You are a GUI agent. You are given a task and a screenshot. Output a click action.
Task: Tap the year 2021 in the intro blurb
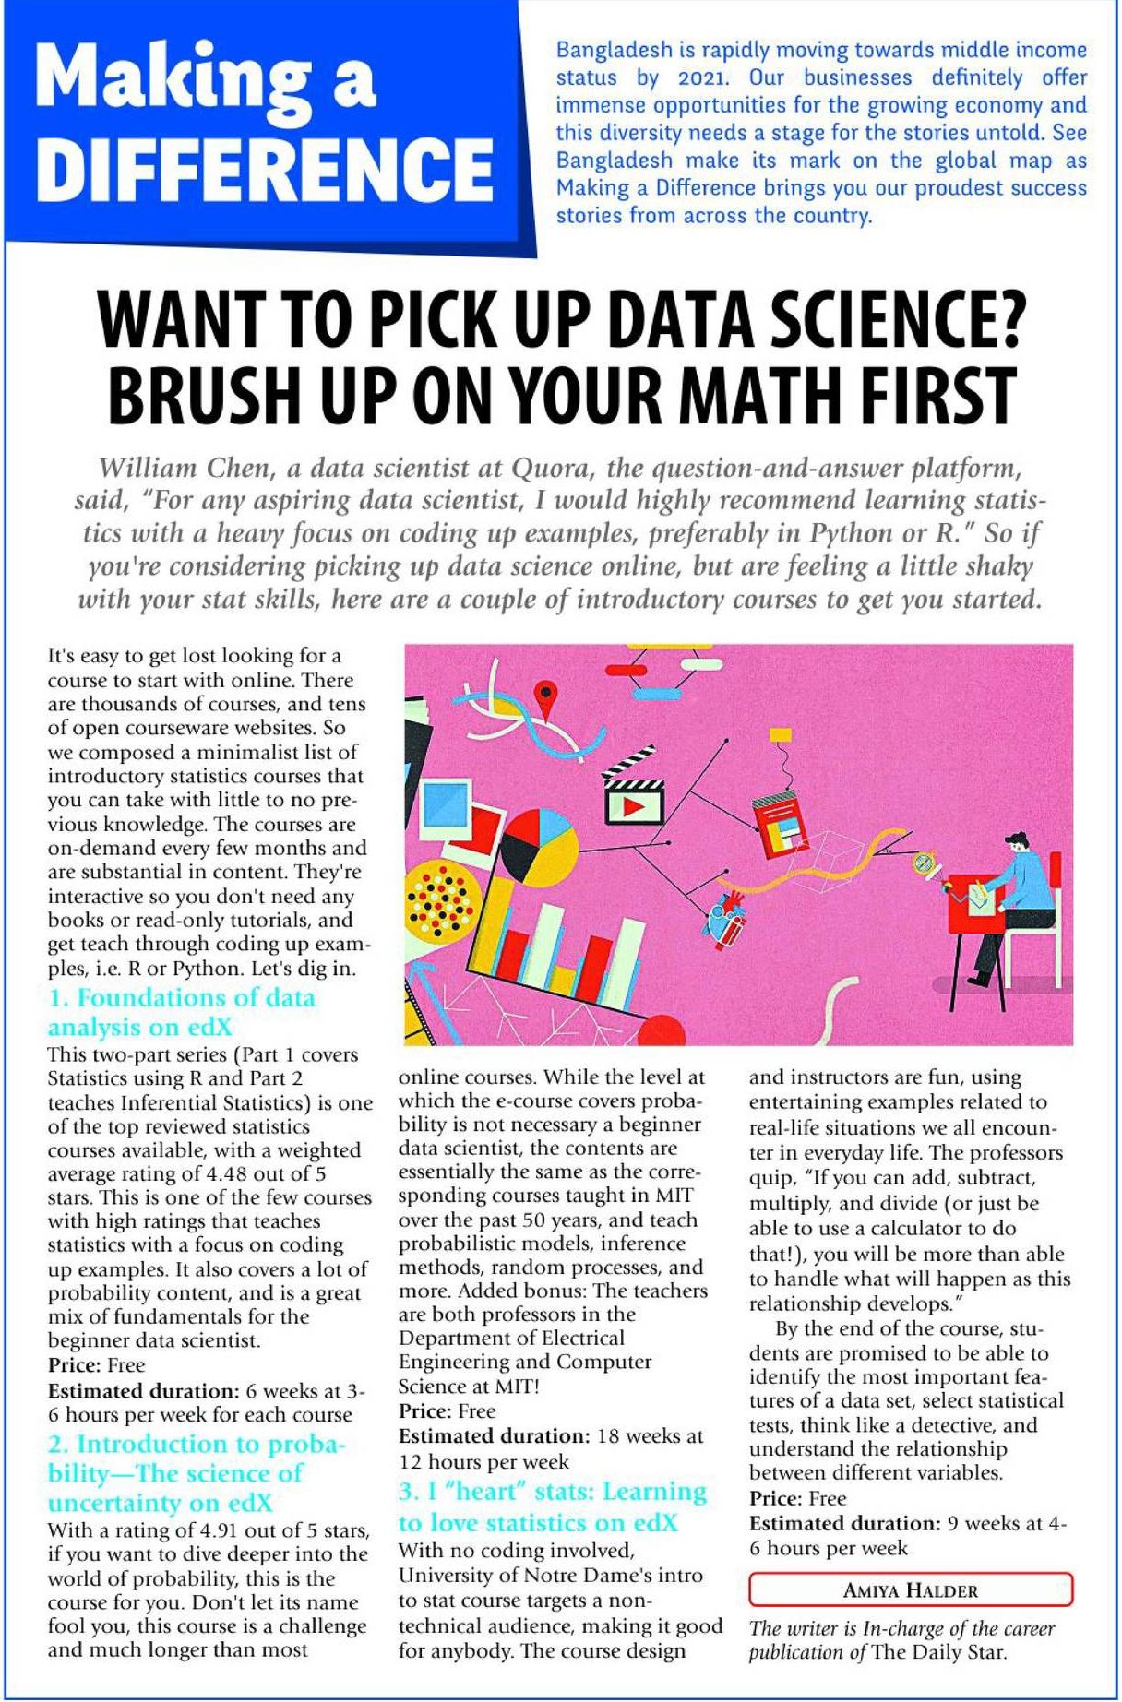tap(704, 77)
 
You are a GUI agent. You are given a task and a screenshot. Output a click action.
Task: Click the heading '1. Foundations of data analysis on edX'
tap(182, 1012)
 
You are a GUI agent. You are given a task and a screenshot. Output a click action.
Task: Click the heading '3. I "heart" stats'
tap(552, 1506)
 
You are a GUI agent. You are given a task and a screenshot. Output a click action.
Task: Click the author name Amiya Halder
tap(910, 1589)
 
